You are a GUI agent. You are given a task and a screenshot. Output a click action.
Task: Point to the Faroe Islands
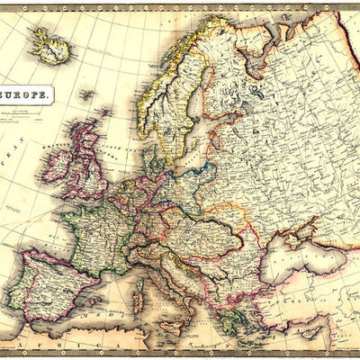(x=86, y=93)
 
